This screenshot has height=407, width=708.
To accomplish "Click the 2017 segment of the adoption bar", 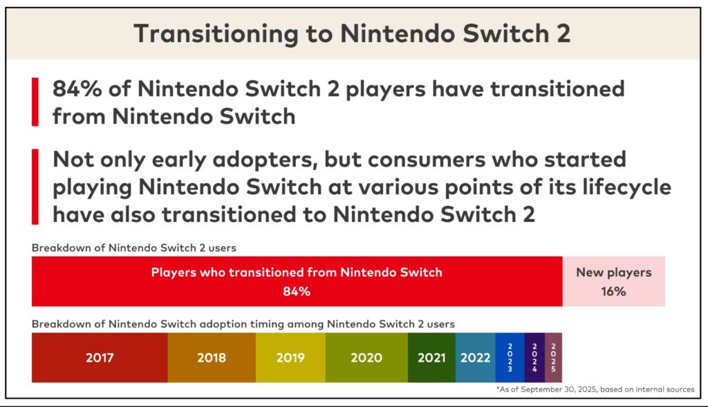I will (100, 357).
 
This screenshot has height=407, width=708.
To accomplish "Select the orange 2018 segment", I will (212, 357).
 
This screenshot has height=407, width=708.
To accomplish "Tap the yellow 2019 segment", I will (290, 357).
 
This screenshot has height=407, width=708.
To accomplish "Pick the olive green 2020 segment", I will (366, 357).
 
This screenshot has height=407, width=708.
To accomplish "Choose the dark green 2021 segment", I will (431, 357).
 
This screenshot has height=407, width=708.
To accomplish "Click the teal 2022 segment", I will (475, 357).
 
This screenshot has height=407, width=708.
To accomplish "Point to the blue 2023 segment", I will (510, 357).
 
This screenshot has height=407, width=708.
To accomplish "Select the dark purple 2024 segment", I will (534, 357).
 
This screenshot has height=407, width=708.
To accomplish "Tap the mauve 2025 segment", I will (553, 357).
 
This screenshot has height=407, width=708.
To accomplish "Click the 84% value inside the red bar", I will (296, 291).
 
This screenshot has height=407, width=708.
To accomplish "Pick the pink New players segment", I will (613, 281).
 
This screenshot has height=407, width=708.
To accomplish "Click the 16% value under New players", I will (613, 291).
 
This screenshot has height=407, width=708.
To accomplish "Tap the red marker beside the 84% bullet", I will (35, 102).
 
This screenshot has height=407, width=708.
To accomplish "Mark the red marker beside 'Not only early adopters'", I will (35, 186).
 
